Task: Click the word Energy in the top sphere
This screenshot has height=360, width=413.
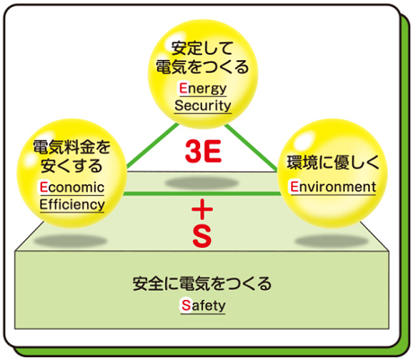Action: coord(203,89)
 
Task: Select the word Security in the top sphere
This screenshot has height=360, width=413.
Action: coord(203,106)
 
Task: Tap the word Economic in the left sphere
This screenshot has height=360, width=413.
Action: coord(72,188)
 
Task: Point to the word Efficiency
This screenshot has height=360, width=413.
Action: coord(72,205)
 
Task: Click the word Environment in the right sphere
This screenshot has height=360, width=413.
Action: coord(333,187)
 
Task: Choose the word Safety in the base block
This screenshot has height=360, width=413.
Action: coord(203,305)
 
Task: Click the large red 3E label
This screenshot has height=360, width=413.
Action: coord(203,152)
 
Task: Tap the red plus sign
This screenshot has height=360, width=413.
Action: coord(202,209)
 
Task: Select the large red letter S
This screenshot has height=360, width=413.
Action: coord(202,236)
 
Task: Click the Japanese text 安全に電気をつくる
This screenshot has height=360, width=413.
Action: coord(202,284)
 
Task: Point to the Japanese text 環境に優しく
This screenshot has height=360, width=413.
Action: coord(333,162)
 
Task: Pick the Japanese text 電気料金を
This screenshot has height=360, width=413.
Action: coord(72,147)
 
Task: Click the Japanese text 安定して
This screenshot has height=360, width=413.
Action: coord(203,48)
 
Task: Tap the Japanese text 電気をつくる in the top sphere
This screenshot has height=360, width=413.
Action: coord(203,66)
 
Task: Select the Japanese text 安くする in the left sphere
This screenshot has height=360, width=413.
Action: coord(72,166)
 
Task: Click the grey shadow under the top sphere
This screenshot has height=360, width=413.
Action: coord(202,182)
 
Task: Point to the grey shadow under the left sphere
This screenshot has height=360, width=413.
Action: coord(70,241)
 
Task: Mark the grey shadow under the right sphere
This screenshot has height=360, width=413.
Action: coord(331,241)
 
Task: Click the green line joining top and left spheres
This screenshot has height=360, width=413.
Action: coord(153,145)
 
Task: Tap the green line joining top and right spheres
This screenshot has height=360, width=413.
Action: coord(250,147)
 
